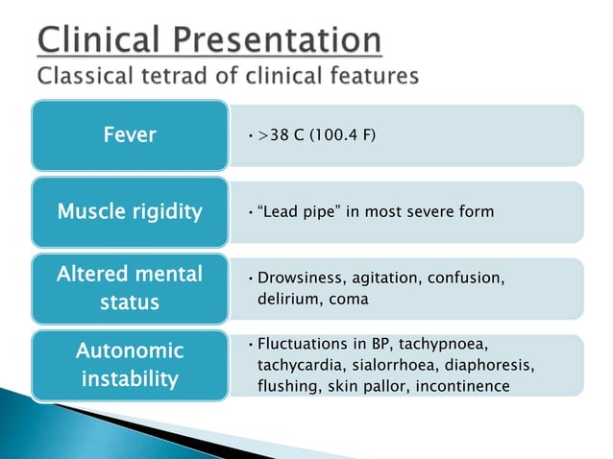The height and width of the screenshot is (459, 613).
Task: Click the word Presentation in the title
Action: click(283, 40)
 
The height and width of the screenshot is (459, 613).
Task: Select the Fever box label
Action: click(130, 135)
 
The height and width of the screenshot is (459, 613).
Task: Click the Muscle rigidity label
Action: click(130, 211)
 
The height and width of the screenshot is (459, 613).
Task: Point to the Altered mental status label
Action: click(130, 288)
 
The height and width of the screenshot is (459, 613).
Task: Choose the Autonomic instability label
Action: click(130, 365)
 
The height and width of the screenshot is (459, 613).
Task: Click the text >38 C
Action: click(279, 135)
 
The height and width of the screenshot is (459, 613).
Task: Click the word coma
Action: click(348, 299)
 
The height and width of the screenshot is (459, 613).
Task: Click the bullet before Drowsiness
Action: click(249, 278)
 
